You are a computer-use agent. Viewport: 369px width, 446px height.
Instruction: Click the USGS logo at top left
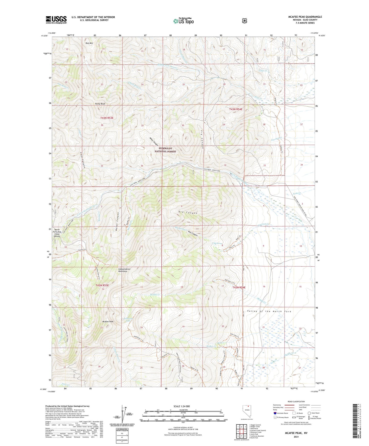pyautogui.click(x=56, y=20)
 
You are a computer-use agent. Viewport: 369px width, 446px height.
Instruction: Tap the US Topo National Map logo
pyautogui.click(x=183, y=21)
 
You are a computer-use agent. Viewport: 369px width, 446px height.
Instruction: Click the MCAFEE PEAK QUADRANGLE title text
pyautogui.click(x=305, y=17)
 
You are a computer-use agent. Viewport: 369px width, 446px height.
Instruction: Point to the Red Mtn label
pyautogui.click(x=89, y=43)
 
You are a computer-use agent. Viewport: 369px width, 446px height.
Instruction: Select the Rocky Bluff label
pyautogui.click(x=100, y=104)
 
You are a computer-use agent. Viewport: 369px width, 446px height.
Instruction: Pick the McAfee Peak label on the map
pyautogui.click(x=108, y=322)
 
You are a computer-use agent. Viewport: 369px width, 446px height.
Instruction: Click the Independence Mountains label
pyautogui.click(x=124, y=270)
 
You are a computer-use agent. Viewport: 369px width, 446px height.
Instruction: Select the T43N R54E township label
pyautogui.click(x=235, y=109)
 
